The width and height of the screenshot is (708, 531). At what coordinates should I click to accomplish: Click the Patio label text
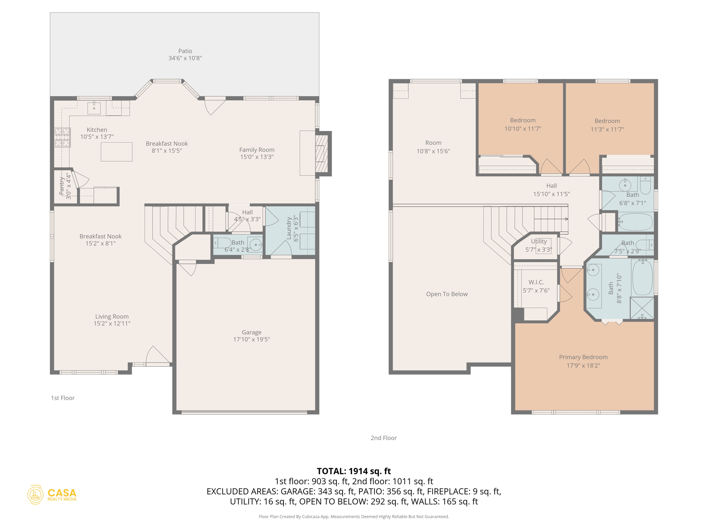[x=185, y=51]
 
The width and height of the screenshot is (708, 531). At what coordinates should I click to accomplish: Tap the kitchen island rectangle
[x=117, y=152]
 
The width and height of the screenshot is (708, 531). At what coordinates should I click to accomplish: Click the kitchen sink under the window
[x=94, y=108]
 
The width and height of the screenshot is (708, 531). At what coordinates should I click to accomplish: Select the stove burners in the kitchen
[x=62, y=137]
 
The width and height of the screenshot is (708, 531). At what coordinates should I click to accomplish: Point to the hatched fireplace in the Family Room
[x=322, y=153]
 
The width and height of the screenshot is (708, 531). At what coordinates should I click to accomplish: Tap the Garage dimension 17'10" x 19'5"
[x=251, y=339]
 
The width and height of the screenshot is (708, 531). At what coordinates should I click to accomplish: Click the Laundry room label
[x=289, y=228]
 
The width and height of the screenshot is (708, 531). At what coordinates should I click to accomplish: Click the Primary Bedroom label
[x=583, y=357]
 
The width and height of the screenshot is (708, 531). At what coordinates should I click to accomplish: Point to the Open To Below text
[x=447, y=294]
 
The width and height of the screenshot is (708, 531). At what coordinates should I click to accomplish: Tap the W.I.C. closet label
[x=536, y=282]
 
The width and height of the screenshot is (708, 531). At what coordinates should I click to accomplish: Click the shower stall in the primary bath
[x=642, y=308]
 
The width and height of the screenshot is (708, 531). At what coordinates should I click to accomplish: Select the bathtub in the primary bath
[x=642, y=278]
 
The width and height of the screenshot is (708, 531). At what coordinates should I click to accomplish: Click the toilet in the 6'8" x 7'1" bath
[x=645, y=186]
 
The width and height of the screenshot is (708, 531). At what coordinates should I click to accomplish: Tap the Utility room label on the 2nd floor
[x=539, y=241]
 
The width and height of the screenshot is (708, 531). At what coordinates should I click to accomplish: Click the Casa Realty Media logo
[x=52, y=495]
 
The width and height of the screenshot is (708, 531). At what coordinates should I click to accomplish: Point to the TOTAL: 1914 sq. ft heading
[x=354, y=471]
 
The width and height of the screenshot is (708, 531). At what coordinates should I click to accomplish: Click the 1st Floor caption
[x=63, y=398]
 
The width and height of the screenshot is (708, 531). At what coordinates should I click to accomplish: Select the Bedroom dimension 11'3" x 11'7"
[x=607, y=130]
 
